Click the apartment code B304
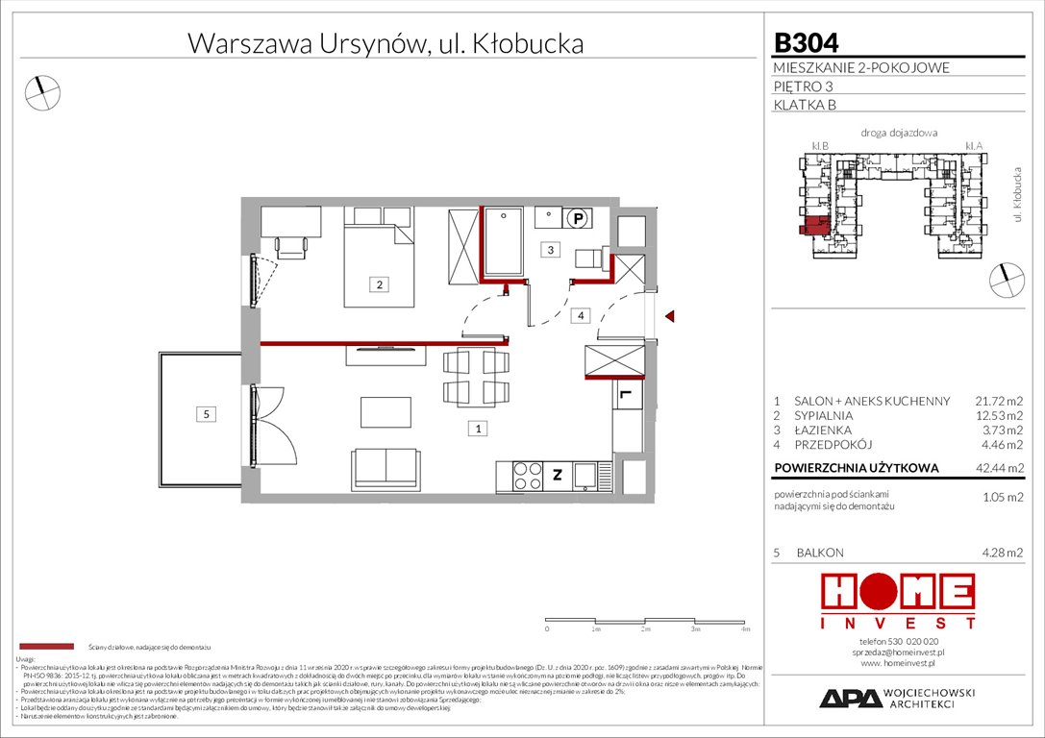coord(806,42)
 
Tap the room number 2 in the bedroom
coord(380,283)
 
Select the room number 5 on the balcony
coord(205,414)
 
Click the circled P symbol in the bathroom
coord(577,218)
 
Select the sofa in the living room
coord(386,467)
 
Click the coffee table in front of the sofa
coord(385,412)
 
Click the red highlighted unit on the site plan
coord(812,227)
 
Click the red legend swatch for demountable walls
coord(45,646)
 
